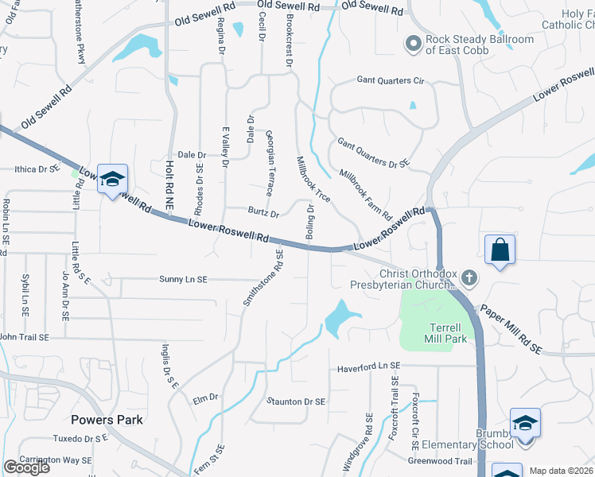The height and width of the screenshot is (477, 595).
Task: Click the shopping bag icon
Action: pos(500,250)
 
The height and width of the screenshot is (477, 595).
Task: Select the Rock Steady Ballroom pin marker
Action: pos(412,44)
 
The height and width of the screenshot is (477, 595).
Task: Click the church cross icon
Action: pos(469,277)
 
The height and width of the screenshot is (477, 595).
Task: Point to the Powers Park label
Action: pos(107,419)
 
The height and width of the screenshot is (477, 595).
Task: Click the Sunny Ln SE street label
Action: pos(183,280)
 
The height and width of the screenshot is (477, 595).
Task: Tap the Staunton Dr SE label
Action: pos(296,402)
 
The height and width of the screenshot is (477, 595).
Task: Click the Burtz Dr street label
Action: pos(262,213)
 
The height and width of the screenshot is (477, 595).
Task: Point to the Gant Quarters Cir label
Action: pos(391,80)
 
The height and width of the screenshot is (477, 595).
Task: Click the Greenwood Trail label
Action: pos(440,461)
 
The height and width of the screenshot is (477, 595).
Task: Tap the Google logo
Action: pos(27,467)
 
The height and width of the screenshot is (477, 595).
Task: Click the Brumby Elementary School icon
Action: pos(525,422)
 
